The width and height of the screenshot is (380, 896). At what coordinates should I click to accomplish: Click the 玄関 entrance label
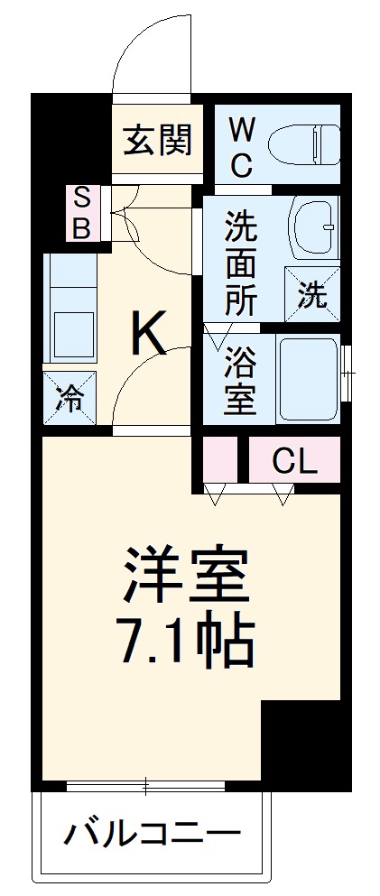[x=158, y=140]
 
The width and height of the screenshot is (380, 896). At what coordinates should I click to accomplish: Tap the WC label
[x=240, y=150]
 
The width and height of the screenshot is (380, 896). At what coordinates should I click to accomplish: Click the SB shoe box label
[x=81, y=213]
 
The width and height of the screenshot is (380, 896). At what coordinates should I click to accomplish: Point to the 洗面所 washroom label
[x=241, y=263]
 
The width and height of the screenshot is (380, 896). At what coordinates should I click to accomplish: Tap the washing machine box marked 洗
[x=313, y=294]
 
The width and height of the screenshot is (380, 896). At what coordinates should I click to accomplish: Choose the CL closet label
[x=295, y=463]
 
